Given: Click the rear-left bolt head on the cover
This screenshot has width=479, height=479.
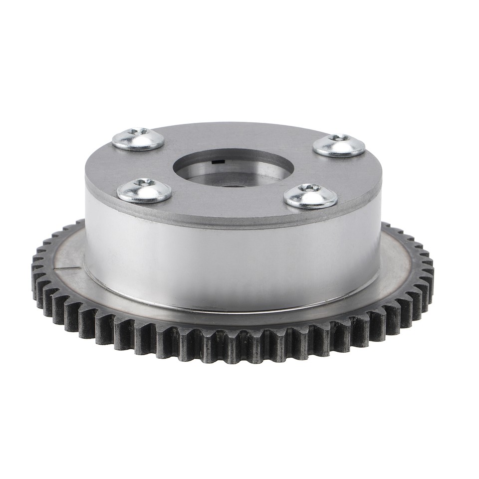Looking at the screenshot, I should (138, 139).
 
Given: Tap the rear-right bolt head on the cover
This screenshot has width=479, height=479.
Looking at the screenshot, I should (339, 145).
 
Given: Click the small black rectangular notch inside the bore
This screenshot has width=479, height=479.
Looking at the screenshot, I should (216, 162).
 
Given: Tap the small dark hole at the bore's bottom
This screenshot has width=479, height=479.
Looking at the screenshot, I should (233, 186).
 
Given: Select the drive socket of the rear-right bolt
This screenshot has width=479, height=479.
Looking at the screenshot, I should (341, 137).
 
